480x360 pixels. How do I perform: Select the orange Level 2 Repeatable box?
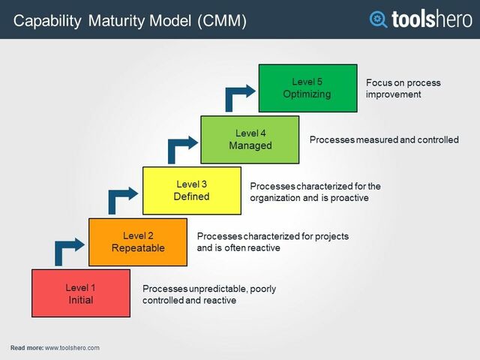tap(138, 242)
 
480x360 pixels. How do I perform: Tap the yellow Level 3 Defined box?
tap(191, 190)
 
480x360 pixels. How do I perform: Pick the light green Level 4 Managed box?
tap(250, 139)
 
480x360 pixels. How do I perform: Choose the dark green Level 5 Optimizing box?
tap(307, 88)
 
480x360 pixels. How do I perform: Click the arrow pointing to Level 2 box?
tap(67, 248)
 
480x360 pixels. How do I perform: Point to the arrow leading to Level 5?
tap(238, 95)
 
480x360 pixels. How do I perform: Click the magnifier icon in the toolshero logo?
tap(379, 19)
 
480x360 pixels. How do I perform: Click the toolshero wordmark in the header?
tap(431, 19)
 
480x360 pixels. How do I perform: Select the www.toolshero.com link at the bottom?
tap(72, 348)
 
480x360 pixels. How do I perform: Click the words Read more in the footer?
tap(26, 348)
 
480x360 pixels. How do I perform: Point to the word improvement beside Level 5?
tap(394, 94)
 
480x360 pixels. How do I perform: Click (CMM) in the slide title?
tap(222, 21)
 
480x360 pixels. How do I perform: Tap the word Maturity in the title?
tap(112, 21)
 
